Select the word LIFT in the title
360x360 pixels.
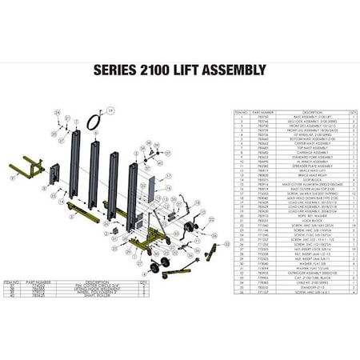click(x=194, y=69)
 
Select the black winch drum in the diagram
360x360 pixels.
click(x=190, y=229)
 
